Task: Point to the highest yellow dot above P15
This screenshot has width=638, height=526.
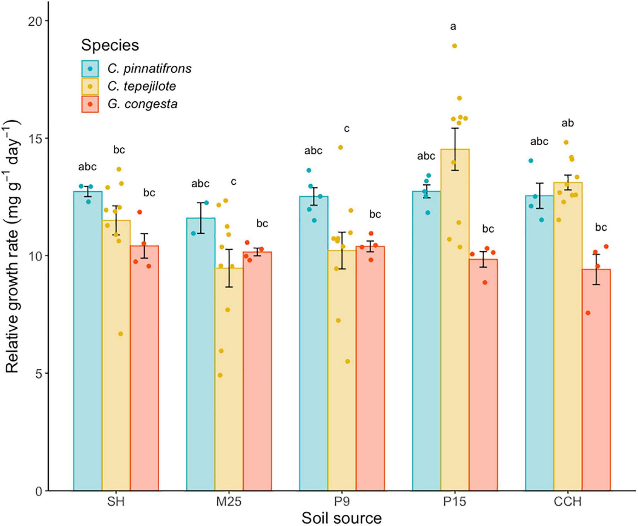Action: (x=455, y=46)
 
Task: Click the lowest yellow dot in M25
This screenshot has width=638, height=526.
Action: (x=220, y=375)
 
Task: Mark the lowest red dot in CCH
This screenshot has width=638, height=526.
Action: (x=588, y=313)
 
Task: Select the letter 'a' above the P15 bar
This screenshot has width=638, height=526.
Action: (x=453, y=27)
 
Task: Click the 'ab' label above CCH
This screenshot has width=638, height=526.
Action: (x=567, y=123)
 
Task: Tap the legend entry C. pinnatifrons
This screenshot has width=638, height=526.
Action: (x=149, y=69)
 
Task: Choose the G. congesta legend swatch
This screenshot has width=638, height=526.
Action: (x=90, y=104)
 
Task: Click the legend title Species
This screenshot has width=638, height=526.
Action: (x=110, y=46)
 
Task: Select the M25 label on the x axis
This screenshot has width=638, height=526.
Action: (x=229, y=502)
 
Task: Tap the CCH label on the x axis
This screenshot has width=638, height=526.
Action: (x=567, y=502)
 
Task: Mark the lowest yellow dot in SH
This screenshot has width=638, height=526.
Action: (x=121, y=334)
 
